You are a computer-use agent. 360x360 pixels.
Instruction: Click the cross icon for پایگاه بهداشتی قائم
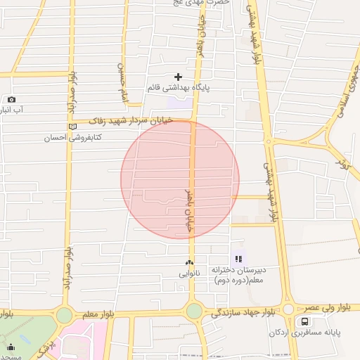point(179,76)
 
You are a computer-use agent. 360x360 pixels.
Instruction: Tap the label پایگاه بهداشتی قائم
point(179,88)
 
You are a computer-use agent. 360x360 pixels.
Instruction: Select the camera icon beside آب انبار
point(11,100)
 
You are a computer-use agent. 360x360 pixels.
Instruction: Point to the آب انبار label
point(11,110)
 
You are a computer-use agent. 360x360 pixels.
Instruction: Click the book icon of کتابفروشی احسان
point(72,127)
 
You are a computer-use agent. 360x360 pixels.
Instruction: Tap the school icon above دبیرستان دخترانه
point(238,259)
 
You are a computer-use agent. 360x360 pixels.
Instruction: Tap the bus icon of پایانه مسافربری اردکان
point(304,322)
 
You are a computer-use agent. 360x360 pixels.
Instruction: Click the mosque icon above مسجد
point(11,346)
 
